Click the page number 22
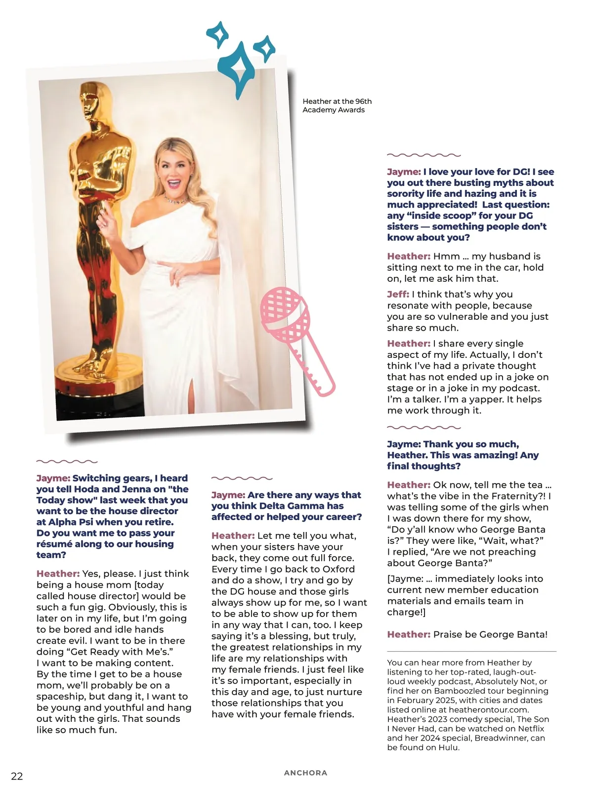coord(17,776)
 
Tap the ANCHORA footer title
coord(305,773)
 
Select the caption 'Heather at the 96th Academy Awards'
coord(337,105)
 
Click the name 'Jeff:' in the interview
coord(397,294)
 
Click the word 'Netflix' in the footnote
coord(531,728)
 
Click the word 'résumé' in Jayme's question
coord(54,544)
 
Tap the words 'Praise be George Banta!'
coord(490,634)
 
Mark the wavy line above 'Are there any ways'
coord(242,479)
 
